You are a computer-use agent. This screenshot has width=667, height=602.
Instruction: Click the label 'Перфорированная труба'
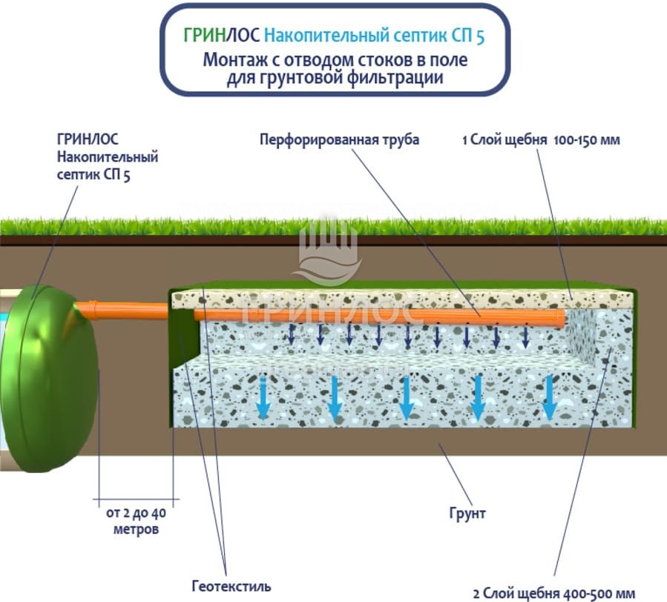(339, 139)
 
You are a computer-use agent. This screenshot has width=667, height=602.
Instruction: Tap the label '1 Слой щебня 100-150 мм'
(540, 139)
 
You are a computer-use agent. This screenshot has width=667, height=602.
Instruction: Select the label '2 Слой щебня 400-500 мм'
(554, 593)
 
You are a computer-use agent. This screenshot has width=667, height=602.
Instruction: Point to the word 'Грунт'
(467, 513)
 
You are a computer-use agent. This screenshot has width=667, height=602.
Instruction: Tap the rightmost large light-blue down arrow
(549, 395)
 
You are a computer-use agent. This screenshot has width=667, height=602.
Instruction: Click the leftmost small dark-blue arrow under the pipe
(292, 336)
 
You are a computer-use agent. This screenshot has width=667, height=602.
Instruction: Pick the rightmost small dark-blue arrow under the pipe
(525, 337)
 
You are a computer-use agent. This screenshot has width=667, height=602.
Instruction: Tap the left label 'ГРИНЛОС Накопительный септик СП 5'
(107, 157)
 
